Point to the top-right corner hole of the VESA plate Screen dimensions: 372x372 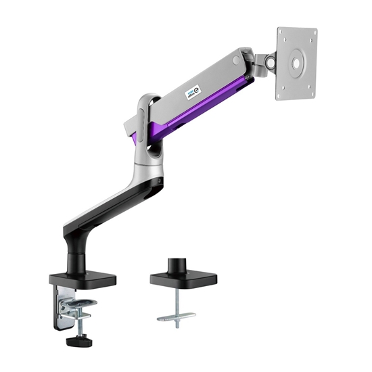click(313, 33)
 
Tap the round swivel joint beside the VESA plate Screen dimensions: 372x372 click(270, 65)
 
